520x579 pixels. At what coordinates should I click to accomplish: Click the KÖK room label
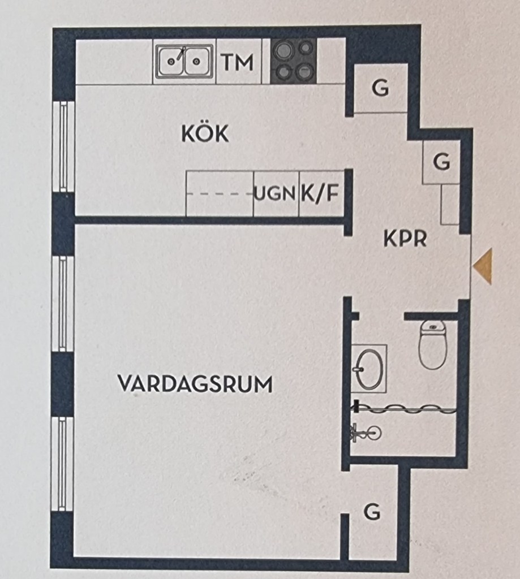(x=205, y=133)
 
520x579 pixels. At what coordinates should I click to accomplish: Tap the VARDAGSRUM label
(x=195, y=384)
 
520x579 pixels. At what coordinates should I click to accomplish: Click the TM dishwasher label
(x=238, y=62)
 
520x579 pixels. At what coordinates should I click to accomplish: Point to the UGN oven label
(x=276, y=193)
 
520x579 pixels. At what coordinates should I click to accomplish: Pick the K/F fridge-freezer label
(x=320, y=193)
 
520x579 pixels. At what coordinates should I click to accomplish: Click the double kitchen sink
(x=184, y=61)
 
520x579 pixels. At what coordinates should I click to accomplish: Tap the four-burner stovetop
(x=294, y=61)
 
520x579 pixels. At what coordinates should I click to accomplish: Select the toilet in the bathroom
(x=432, y=344)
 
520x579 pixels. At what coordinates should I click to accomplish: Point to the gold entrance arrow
(x=483, y=266)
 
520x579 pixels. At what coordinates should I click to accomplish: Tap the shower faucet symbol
(x=366, y=433)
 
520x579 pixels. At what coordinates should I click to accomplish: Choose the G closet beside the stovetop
(x=381, y=88)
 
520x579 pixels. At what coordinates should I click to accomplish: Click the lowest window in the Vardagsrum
(x=62, y=464)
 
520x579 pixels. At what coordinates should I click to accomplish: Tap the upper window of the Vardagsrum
(x=63, y=304)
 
